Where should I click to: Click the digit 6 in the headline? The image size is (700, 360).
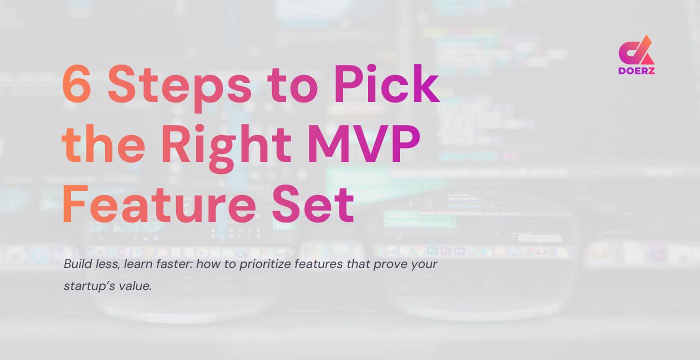(79, 83)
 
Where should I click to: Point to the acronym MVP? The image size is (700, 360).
(364, 144)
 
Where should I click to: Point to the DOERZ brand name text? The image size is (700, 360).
(636, 70)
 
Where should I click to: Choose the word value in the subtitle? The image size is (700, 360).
(135, 287)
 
